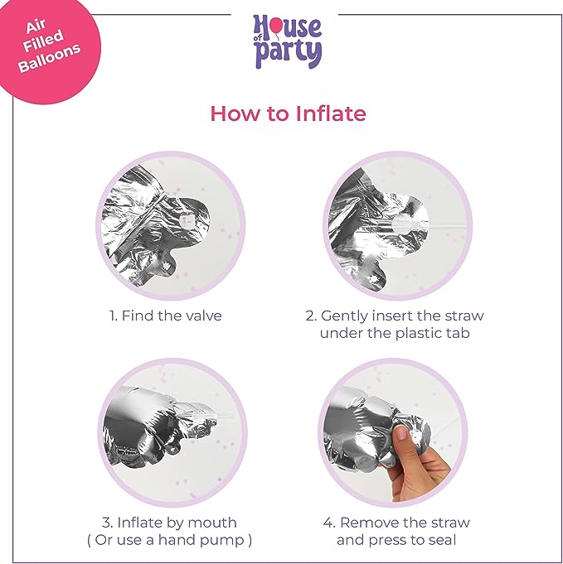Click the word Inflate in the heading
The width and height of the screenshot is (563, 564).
pyautogui.click(x=331, y=113)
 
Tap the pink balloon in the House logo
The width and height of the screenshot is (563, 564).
pyautogui.click(x=276, y=25)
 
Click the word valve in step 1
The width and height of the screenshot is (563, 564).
pyautogui.click(x=205, y=316)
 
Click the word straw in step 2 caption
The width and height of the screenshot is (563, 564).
pyautogui.click(x=464, y=316)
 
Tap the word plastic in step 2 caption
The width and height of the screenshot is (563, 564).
pyautogui.click(x=417, y=334)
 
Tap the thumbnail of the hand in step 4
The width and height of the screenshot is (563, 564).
pyautogui.click(x=401, y=432)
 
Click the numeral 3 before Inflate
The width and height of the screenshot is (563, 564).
pyautogui.click(x=106, y=523)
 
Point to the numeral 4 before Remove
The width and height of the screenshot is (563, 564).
pyautogui.click(x=328, y=523)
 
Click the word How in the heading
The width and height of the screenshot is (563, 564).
pyautogui.click(x=235, y=113)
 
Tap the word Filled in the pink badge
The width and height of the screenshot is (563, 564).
pyautogui.click(x=43, y=40)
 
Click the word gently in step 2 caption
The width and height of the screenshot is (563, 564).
pyautogui.click(x=344, y=316)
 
